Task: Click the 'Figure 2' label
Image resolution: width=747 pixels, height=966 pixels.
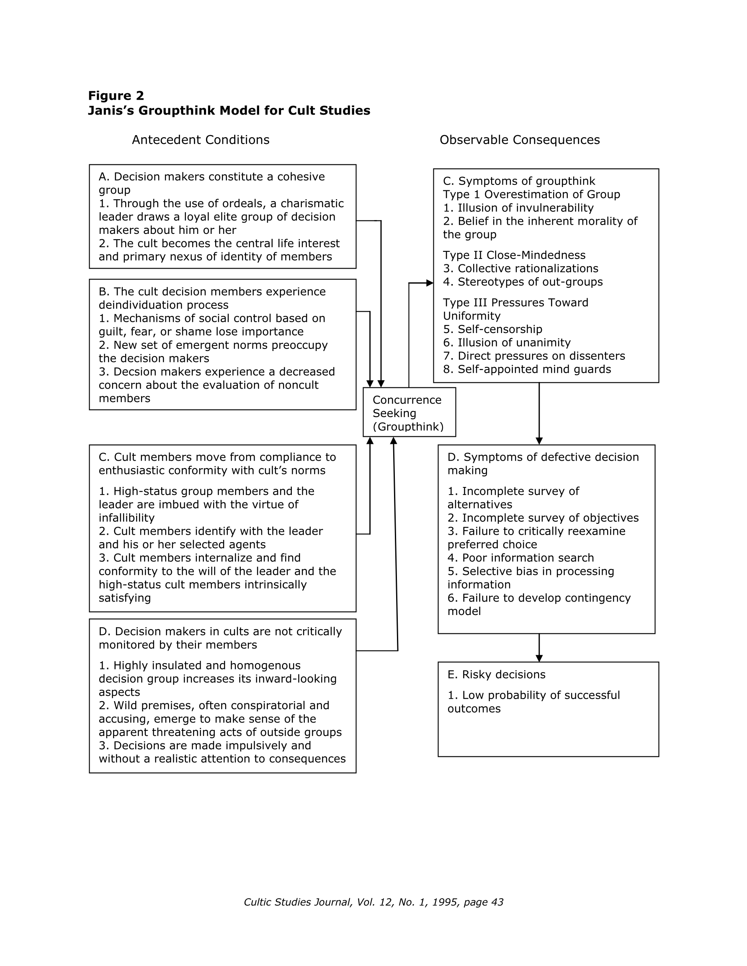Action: (x=116, y=96)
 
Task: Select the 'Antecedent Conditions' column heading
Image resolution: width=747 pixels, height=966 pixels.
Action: (x=201, y=140)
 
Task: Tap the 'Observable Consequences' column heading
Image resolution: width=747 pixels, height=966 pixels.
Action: (x=519, y=140)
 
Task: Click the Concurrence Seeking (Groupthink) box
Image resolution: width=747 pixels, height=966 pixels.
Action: (x=409, y=413)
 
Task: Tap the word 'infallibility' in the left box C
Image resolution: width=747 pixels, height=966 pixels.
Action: (x=126, y=518)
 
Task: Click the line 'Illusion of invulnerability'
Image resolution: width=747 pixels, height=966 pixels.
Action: (x=525, y=208)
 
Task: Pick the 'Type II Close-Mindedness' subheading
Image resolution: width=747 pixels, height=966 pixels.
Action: (x=514, y=255)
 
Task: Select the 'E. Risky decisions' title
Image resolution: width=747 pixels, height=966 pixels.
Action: (x=496, y=674)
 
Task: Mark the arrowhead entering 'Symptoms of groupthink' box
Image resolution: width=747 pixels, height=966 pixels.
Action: (x=430, y=283)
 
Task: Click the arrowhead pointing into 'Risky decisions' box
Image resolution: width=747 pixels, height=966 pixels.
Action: (x=539, y=659)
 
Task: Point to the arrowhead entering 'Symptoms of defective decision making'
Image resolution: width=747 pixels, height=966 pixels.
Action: (x=539, y=441)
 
